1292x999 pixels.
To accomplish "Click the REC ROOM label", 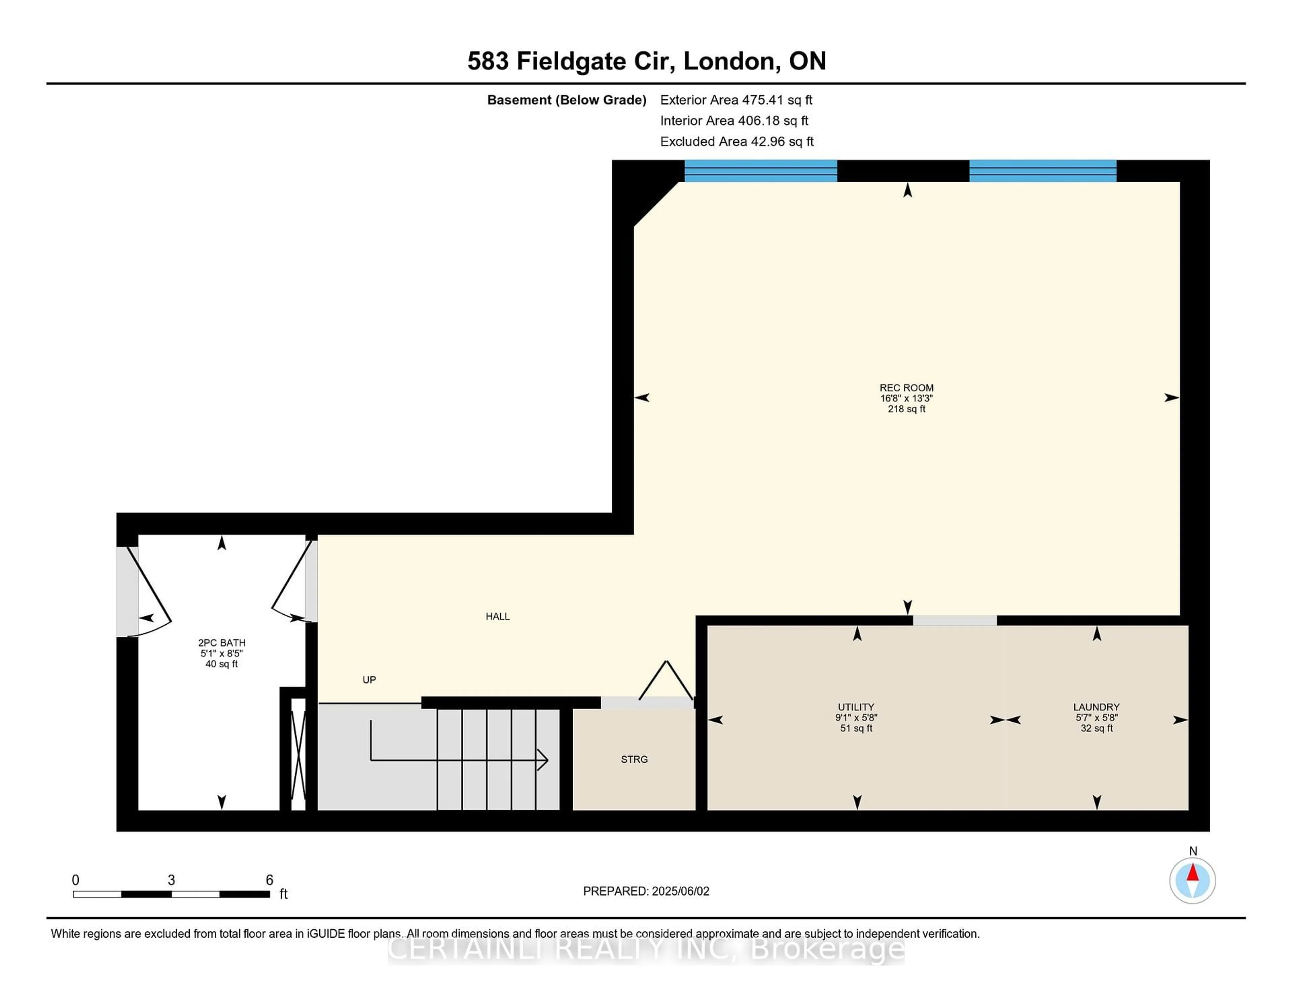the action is click(x=906, y=388).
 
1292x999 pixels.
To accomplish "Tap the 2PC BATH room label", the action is click(x=222, y=643).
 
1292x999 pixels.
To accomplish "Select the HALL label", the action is click(x=498, y=616).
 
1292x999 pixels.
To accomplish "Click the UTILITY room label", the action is click(x=856, y=707).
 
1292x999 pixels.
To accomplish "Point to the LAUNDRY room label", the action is click(x=1096, y=707).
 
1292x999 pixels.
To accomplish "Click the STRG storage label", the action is click(x=634, y=759).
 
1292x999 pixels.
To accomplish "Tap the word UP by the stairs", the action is click(x=369, y=680).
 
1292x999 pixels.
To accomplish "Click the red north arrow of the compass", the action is click(x=1193, y=873).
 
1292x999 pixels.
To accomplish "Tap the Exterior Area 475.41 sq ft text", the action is click(x=737, y=100).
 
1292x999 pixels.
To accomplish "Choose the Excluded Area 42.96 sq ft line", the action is click(x=737, y=141).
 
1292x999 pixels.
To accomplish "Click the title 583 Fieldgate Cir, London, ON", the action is click(x=647, y=61).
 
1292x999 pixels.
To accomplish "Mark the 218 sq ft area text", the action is click(x=906, y=409).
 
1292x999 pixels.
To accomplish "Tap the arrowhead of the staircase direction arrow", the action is click(x=542, y=760).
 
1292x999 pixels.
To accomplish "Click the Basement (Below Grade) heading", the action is click(x=567, y=100).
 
